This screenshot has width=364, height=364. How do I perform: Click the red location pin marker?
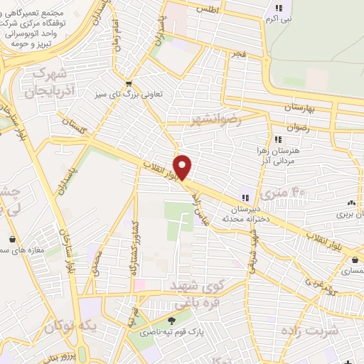pos(183,167)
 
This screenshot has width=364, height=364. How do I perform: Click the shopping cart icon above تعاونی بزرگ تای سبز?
pos(128,82)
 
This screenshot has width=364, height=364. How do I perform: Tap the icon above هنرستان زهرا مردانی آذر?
pos(277,140)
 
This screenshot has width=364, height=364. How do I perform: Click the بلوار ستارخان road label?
pos(70,253)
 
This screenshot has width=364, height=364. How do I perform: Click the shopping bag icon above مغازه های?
pos(14,239)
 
